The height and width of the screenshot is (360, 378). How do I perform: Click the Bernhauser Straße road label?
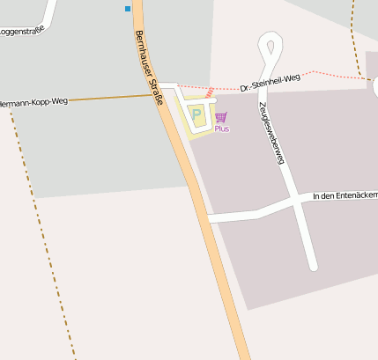pyautogui.click(x=149, y=68)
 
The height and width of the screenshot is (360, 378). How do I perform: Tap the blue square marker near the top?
pyautogui.click(x=128, y=9)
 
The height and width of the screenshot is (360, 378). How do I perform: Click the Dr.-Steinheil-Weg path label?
pyautogui.click(x=270, y=83)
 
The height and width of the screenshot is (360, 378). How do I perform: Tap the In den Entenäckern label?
pyautogui.click(x=345, y=195)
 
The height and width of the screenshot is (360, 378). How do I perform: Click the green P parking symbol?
pyautogui.click(x=197, y=114)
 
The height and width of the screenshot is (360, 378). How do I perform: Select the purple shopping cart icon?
pyautogui.click(x=220, y=116)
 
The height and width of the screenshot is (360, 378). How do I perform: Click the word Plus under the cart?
pyautogui.click(x=221, y=129)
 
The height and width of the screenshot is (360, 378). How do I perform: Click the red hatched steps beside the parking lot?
pyautogui.click(x=210, y=92)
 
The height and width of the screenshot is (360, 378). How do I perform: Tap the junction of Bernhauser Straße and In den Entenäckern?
pyautogui.click(x=207, y=217)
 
